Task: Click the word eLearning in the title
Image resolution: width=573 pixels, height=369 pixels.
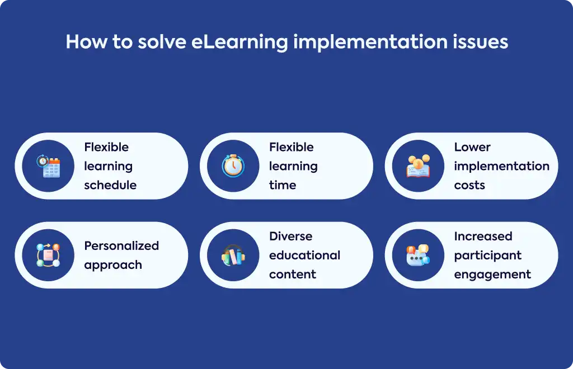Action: [x=239, y=42]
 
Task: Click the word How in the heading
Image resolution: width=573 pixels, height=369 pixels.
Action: [x=87, y=41]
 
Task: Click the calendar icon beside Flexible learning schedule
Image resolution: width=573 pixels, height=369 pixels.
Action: [x=48, y=166]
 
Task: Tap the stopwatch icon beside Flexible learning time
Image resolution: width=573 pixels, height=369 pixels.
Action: [x=233, y=165]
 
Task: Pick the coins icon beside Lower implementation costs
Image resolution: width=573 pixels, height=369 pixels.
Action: [x=419, y=165]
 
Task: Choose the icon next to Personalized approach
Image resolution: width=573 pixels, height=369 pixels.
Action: [x=48, y=255]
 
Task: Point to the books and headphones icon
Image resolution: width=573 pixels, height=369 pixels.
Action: [x=233, y=255]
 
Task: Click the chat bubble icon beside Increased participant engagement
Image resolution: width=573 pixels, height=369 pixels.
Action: [x=419, y=255]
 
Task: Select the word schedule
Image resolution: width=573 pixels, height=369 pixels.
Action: [x=110, y=185]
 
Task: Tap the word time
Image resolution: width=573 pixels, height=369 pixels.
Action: [x=283, y=185]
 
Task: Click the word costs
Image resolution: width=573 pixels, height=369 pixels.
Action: [x=469, y=186]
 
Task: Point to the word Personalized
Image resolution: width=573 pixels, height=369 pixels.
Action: [x=121, y=245]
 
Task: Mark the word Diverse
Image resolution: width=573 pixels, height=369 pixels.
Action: [x=291, y=236]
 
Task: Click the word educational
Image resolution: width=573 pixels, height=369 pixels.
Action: [x=305, y=255]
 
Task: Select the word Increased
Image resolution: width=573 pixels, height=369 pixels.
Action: [x=483, y=236]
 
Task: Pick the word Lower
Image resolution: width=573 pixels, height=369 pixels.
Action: [x=472, y=147]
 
